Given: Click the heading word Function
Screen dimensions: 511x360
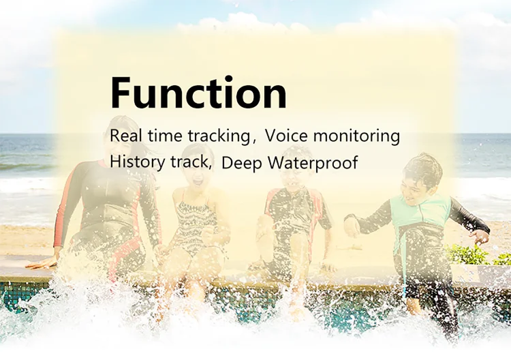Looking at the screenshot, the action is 198,92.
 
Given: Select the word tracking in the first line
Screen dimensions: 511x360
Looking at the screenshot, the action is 218,136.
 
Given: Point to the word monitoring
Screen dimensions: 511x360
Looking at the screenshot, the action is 356,136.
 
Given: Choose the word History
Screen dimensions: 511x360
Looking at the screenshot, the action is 137,162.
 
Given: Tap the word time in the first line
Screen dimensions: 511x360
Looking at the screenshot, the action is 165,136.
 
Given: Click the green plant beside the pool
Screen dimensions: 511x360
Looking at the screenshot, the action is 473,255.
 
